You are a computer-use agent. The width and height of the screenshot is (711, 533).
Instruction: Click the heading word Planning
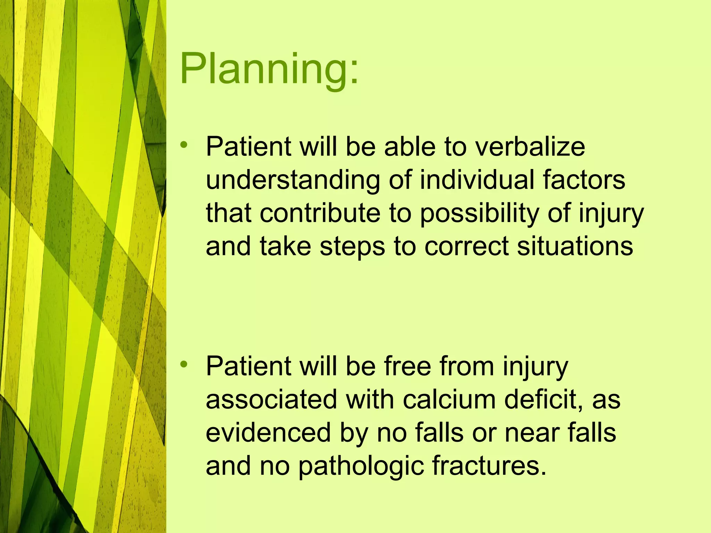click(x=264, y=69)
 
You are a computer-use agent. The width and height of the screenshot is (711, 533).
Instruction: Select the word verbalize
click(x=530, y=147)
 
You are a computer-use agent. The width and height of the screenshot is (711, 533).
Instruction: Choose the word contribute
click(x=320, y=213)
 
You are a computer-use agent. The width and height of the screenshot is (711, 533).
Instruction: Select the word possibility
click(x=479, y=214)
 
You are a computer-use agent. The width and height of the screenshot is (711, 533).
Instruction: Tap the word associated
click(x=271, y=399)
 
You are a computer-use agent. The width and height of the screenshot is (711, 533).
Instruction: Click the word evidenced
click(x=268, y=433)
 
